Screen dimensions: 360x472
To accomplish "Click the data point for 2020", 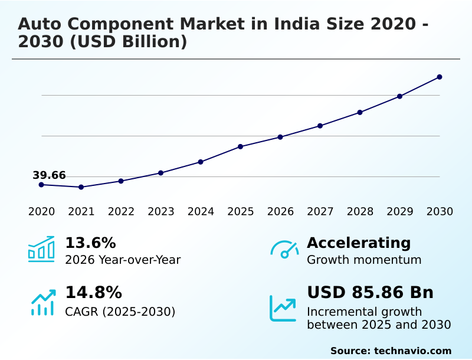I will (41, 185).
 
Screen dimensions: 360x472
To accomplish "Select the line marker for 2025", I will (241, 146).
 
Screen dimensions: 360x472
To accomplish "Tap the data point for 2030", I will (440, 77).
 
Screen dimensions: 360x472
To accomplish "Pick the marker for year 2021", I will (81, 187).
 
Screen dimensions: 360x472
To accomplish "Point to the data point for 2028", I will (360, 112).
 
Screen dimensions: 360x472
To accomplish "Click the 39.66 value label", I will (49, 175).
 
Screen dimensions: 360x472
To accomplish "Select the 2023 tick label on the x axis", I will (160, 212).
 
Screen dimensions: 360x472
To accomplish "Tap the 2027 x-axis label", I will (320, 212).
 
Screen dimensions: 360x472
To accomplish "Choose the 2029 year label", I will (399, 212).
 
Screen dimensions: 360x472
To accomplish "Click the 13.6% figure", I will (90, 243).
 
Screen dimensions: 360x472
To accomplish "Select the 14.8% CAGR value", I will (93, 293).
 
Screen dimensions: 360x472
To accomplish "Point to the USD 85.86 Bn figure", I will (370, 293).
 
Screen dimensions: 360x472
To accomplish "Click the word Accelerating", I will (359, 243).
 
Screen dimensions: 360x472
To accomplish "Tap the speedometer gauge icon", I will (284, 250).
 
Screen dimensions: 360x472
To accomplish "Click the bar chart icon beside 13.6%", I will (41, 249).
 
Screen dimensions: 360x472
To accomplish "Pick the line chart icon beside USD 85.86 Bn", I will (283, 308).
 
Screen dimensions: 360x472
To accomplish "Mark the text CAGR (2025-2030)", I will (120, 312).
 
